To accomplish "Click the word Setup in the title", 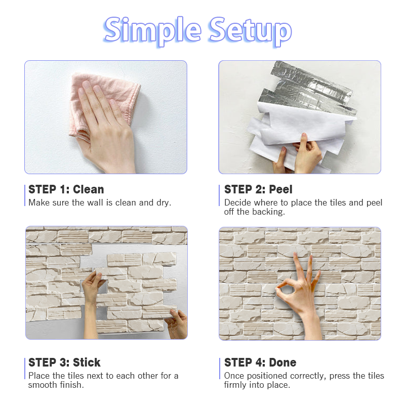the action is pyautogui.click(x=250, y=31).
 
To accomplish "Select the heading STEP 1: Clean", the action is pyautogui.click(x=66, y=189).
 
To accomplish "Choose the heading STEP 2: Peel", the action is pyautogui.click(x=258, y=189).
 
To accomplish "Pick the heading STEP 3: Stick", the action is pyautogui.click(x=64, y=362).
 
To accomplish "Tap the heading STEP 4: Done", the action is pyautogui.click(x=260, y=362).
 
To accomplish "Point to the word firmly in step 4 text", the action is pyautogui.click(x=235, y=385).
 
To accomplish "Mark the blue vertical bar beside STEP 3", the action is pyautogui.click(x=25, y=369).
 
